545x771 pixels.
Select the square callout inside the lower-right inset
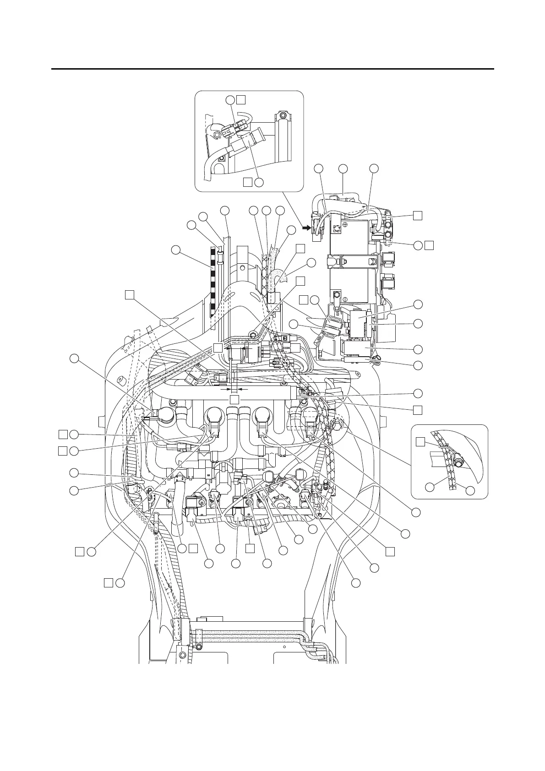coord(420,441)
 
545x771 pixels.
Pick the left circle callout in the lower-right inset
coord(430,488)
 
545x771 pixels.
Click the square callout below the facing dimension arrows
coord(234,400)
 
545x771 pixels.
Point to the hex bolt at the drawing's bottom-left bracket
coord(183,655)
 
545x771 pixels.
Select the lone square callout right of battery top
coord(417,215)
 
